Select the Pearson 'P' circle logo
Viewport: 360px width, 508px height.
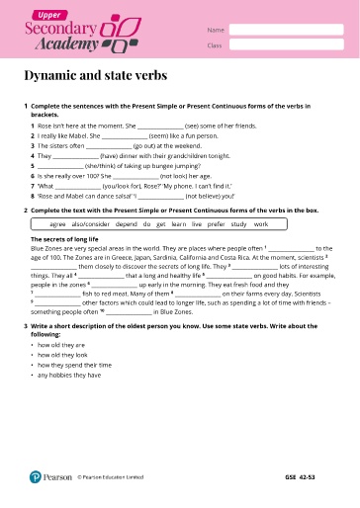click(x=35, y=477)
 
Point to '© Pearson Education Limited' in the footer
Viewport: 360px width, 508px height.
click(x=111, y=477)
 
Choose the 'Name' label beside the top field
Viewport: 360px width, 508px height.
click(x=214, y=31)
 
